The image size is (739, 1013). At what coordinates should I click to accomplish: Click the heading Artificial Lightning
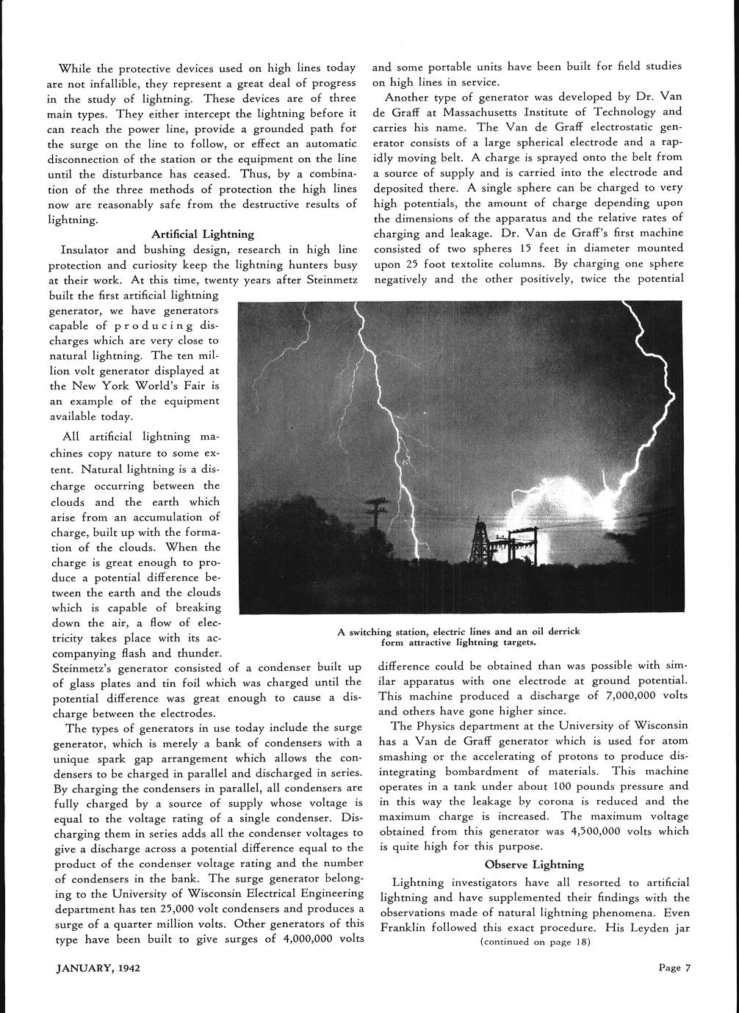(x=203, y=234)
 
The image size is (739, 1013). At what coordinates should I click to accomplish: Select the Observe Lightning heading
(x=534, y=864)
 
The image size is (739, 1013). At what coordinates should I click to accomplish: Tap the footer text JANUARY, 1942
(x=99, y=967)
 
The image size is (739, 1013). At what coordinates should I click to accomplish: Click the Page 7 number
(x=674, y=967)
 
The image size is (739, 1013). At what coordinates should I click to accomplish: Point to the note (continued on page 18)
(x=534, y=942)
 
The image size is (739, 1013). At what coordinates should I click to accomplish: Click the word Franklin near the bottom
(x=405, y=926)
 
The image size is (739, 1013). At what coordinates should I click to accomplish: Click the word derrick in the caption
(x=562, y=631)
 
